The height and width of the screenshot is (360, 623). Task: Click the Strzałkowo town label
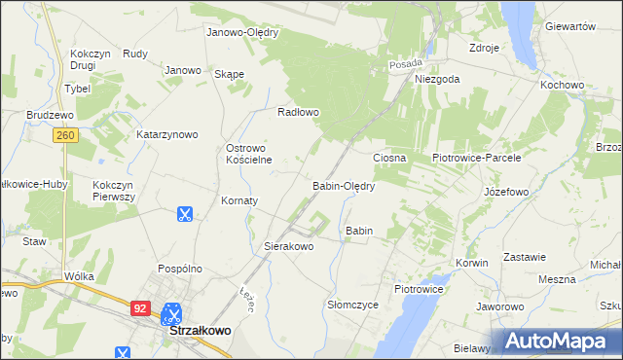200,331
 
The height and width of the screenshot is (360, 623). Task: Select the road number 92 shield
140,307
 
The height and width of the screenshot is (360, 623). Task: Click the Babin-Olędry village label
343,186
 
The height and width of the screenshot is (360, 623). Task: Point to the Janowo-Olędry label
242,32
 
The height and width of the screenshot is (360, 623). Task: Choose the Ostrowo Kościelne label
248,154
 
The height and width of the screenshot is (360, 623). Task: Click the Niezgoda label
436,80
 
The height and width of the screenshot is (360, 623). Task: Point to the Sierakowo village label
289,247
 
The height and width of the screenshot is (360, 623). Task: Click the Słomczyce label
352,305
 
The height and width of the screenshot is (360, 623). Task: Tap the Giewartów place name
570,26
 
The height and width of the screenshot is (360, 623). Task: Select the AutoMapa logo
563,341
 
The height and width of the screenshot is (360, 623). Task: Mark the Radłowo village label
299,112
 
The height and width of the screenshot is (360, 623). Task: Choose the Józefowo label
506,193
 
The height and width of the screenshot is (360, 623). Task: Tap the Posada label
405,63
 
